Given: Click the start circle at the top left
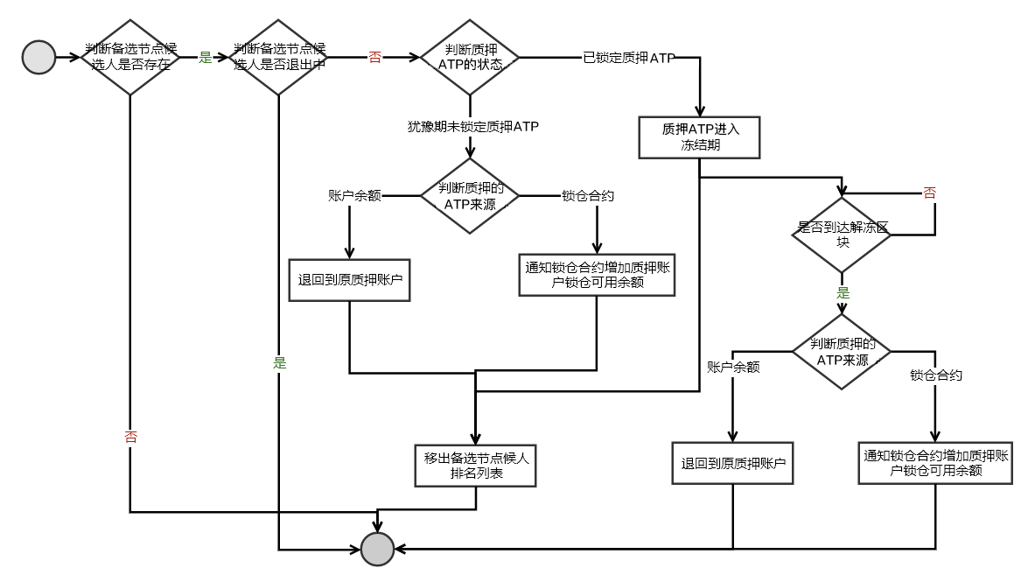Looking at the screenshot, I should coord(38,58).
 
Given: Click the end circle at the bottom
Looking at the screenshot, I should coord(378,549).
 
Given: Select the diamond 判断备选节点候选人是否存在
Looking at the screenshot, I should coord(130,58).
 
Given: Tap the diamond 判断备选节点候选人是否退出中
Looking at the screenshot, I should coord(279,58).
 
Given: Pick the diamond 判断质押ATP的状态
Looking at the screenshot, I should coord(471,58).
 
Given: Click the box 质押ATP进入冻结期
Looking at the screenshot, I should coord(700,137).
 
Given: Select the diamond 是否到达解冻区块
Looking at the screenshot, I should coord(842,235).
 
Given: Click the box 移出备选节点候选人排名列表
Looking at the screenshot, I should coord(476,466).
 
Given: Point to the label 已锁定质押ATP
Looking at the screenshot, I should coord(628,58).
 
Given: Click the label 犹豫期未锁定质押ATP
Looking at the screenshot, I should coord(472,126).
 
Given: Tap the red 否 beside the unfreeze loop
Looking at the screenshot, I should coord(929,193).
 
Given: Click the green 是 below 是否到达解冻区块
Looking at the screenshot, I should coord(843,293).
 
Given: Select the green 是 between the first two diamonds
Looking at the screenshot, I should coord(206,58).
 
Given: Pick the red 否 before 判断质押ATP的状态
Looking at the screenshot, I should coord(374,58).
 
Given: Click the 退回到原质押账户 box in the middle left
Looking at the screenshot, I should coord(349,280).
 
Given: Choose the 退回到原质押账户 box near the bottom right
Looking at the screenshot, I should coord(733,463).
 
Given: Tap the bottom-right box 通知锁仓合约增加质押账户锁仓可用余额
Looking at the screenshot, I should coord(936,463).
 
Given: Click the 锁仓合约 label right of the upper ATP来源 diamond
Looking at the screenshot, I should coord(587,195).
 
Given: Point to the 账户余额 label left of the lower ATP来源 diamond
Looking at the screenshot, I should coord(732,367).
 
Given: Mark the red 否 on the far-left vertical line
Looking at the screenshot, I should coord(130,438).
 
